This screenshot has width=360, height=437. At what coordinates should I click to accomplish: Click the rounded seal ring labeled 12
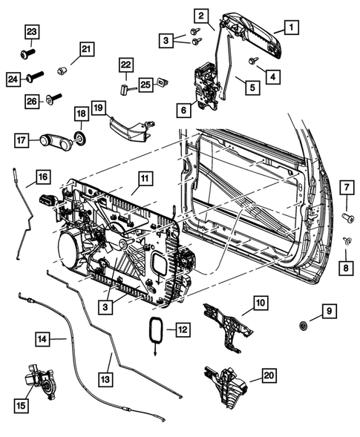coord(155,329)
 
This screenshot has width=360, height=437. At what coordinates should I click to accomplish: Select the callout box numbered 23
coord(31,30)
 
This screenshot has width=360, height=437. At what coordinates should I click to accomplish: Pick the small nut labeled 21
coord(63,70)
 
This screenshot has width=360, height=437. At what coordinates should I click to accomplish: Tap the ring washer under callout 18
coord(79,138)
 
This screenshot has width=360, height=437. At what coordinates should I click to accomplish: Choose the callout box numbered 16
coord(42,177)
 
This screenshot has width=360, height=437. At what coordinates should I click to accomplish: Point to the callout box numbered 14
coord(44,339)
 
